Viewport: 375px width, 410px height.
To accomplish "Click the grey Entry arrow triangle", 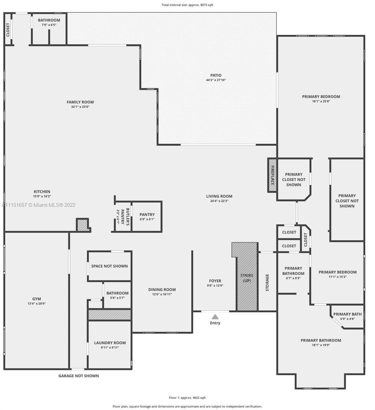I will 215,317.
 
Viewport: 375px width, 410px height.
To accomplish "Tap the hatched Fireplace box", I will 272,175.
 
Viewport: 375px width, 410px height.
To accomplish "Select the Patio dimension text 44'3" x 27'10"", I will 216,80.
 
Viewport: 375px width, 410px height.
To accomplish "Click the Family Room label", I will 80,102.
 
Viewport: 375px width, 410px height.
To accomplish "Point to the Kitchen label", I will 42,192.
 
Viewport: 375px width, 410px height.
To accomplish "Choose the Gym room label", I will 37,299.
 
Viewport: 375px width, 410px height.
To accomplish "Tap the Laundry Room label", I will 110,343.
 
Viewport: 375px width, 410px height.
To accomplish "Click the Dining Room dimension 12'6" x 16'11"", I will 162,294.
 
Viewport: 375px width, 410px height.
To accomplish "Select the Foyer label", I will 215,281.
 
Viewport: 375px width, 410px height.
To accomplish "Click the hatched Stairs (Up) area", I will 247,277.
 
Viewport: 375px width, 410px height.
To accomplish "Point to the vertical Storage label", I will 267,283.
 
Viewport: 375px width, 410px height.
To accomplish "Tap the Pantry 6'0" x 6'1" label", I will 147,217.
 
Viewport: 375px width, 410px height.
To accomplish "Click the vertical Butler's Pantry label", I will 123,217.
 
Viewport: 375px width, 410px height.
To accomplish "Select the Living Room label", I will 219,196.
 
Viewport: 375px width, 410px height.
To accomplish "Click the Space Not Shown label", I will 109,266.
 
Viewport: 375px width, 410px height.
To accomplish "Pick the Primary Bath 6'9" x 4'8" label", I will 347,316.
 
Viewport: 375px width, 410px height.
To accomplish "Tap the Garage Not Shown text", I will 78,376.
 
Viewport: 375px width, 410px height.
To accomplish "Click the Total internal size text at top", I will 187,5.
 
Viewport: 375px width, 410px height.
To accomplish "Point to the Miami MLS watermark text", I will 39,205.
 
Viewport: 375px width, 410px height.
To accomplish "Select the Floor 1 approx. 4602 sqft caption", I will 187,398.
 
